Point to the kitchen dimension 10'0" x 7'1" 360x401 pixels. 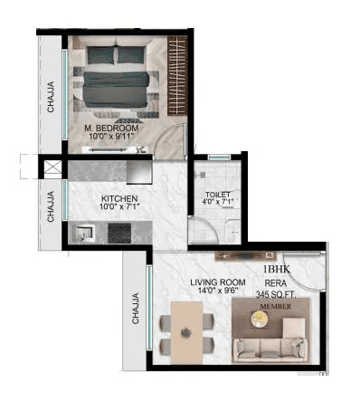(x=118, y=206)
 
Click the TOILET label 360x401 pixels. (x=217, y=194)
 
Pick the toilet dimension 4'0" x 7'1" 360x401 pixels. (x=217, y=204)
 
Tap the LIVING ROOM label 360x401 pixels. (x=218, y=282)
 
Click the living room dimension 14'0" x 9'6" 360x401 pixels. (x=218, y=291)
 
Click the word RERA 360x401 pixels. (x=275, y=283)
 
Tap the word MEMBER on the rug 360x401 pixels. (x=276, y=308)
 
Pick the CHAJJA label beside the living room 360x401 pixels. (x=135, y=308)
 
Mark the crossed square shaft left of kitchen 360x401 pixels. (x=50, y=167)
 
